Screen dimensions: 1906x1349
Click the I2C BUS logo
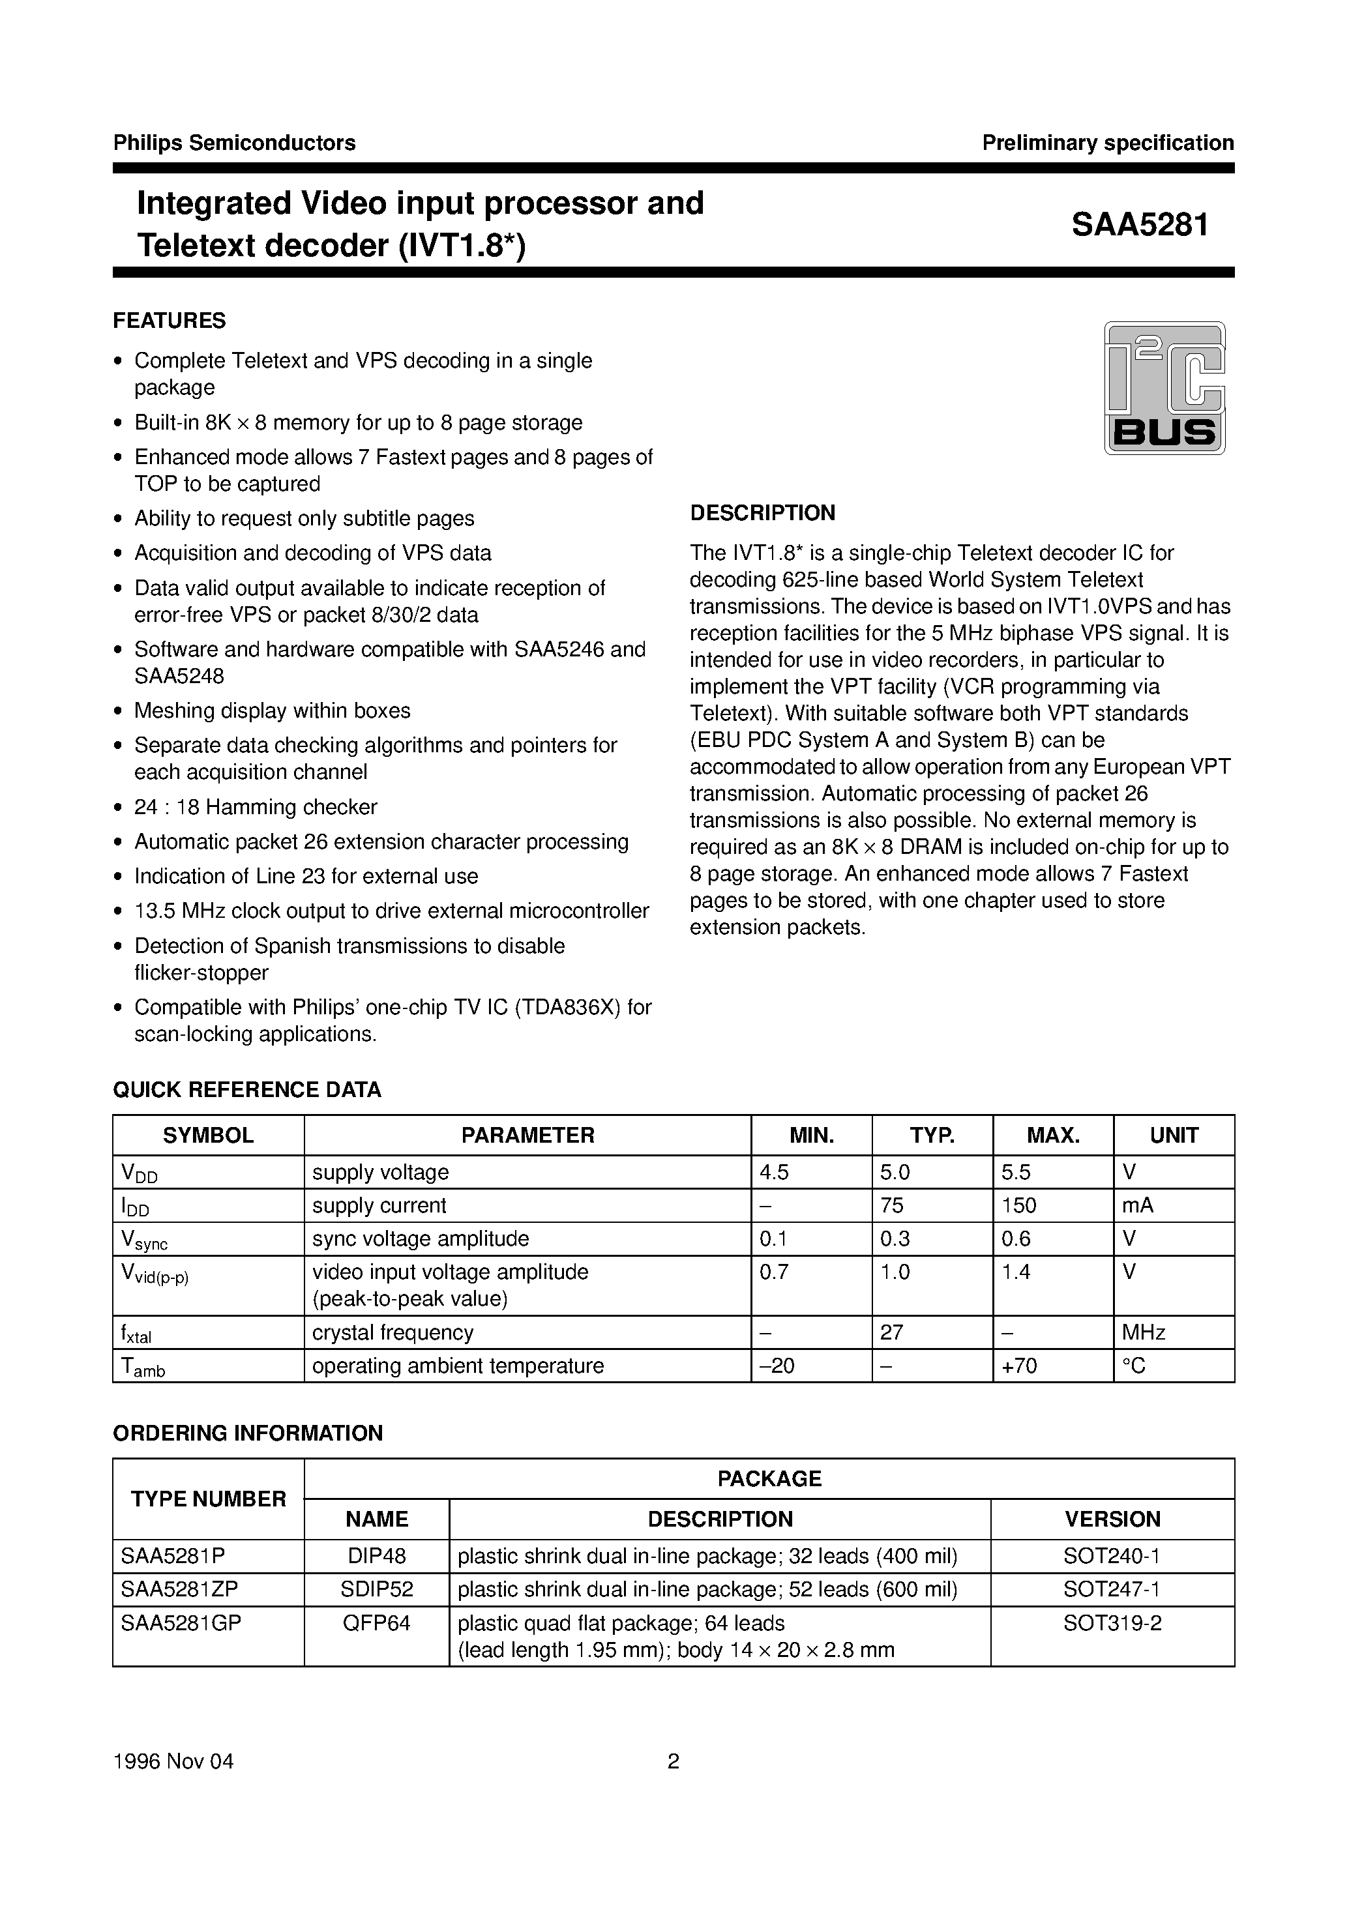point(1164,388)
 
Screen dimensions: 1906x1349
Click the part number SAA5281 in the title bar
point(1139,225)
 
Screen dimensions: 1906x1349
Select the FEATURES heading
point(170,321)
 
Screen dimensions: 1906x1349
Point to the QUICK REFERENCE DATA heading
point(246,1090)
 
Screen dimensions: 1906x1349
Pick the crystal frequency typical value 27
point(891,1332)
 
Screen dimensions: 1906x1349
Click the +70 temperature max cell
point(1019,1366)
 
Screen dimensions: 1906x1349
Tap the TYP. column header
point(932,1136)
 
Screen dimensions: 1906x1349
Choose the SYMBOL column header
point(208,1136)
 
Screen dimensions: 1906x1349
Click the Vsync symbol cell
point(145,1240)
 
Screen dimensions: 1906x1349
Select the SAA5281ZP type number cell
point(179,1589)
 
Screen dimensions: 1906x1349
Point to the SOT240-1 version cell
point(1112,1555)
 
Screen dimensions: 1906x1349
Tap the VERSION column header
point(1112,1519)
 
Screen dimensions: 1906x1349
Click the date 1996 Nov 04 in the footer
point(173,1761)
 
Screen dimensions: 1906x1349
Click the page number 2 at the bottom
point(674,1761)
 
